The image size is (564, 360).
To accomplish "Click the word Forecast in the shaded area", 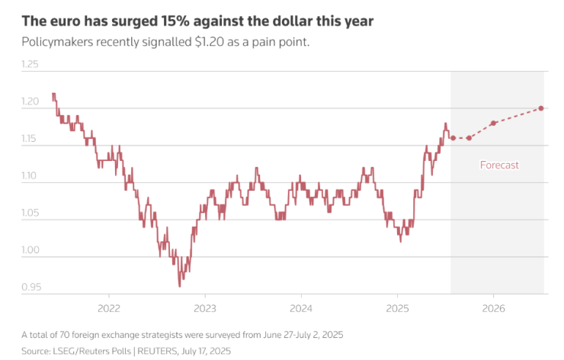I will [499, 165].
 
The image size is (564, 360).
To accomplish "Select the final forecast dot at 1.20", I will [541, 108].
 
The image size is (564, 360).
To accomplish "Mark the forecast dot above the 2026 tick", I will [493, 123].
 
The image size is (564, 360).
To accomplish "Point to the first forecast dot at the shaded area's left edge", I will [453, 138].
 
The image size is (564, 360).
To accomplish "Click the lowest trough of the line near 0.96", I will [180, 284].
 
